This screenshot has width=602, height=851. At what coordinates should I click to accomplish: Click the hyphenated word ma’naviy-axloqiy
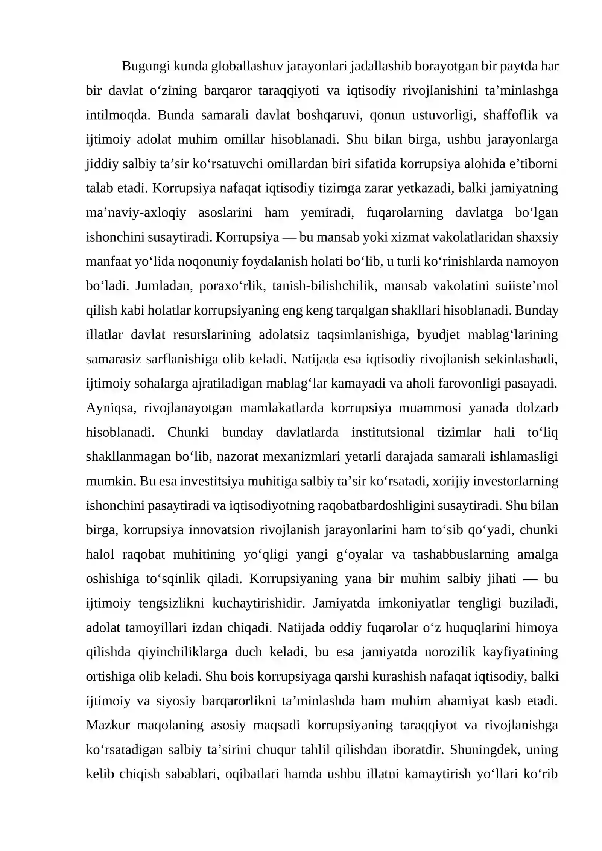pos(136,213)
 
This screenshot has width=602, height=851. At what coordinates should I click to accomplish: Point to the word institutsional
pos(387,433)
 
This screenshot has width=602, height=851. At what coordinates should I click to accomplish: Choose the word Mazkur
pos(108,725)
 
